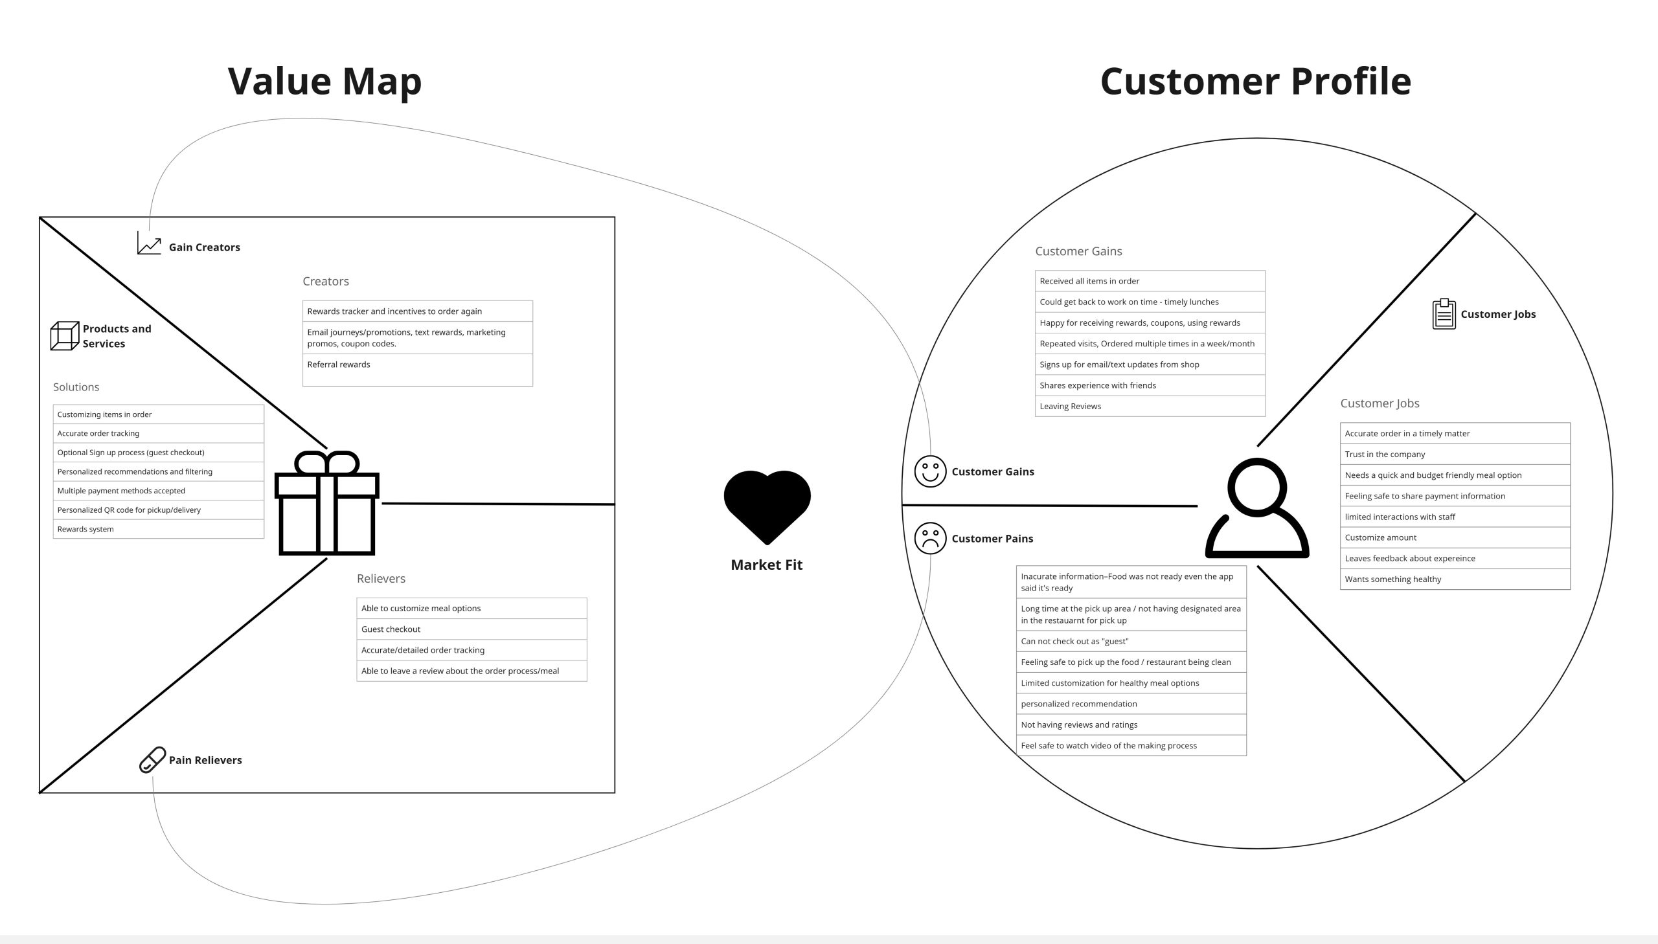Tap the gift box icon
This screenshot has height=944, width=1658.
point(327,504)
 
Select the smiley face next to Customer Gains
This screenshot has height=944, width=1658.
point(930,471)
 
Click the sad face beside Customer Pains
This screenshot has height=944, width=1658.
point(930,538)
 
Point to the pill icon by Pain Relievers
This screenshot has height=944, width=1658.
point(152,760)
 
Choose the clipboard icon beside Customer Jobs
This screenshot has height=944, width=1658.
point(1444,314)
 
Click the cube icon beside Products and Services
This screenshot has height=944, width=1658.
point(64,336)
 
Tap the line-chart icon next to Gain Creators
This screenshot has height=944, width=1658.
point(149,244)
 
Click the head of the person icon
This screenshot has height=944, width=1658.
point(1256,487)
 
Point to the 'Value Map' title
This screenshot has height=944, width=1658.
point(325,82)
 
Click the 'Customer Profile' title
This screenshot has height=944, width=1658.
point(1255,82)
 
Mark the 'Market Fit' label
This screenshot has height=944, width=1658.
point(766,565)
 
